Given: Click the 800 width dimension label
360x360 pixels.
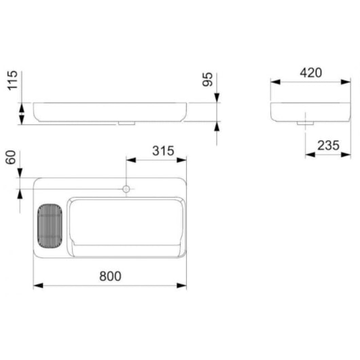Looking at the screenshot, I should (110, 276).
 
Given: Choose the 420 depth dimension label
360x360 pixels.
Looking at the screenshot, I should (309, 73).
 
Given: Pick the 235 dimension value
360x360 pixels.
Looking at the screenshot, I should (327, 144).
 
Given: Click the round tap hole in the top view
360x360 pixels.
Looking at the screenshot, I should (126, 188).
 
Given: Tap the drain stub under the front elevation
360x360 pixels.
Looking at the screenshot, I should (126, 124).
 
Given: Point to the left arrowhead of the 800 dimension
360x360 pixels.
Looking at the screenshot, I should (37, 285).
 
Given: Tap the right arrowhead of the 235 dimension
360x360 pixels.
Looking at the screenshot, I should (344, 154).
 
